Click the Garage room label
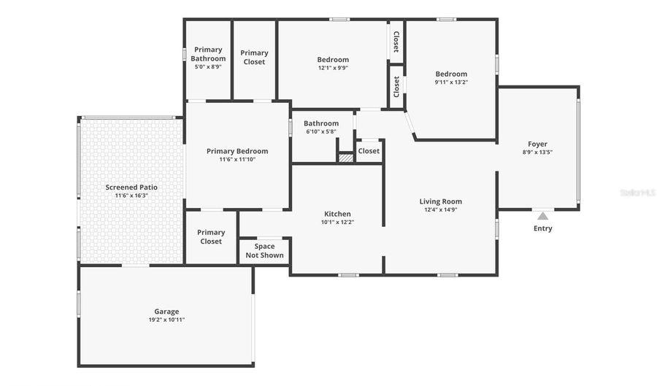pyautogui.click(x=166, y=312)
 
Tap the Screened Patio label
pyautogui.click(x=131, y=188)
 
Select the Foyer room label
pyautogui.click(x=537, y=144)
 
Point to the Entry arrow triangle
pyautogui.click(x=542, y=215)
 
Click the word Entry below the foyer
pyautogui.click(x=542, y=228)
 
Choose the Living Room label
pyautogui.click(x=440, y=201)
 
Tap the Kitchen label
pyautogui.click(x=337, y=214)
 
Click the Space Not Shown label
pyautogui.click(x=264, y=250)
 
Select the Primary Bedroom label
pyautogui.click(x=237, y=151)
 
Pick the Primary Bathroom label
pyautogui.click(x=208, y=54)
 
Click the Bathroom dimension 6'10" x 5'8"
pyautogui.click(x=321, y=132)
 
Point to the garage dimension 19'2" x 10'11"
pyautogui.click(x=166, y=320)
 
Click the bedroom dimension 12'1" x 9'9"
pyautogui.click(x=333, y=68)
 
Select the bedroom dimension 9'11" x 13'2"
pyautogui.click(x=451, y=82)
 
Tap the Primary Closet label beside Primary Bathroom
pyautogui.click(x=254, y=57)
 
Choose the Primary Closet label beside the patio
pyautogui.click(x=211, y=236)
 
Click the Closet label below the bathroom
pyautogui.click(x=369, y=151)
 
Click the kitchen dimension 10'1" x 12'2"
pyautogui.click(x=337, y=223)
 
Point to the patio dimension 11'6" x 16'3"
pyautogui.click(x=131, y=196)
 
